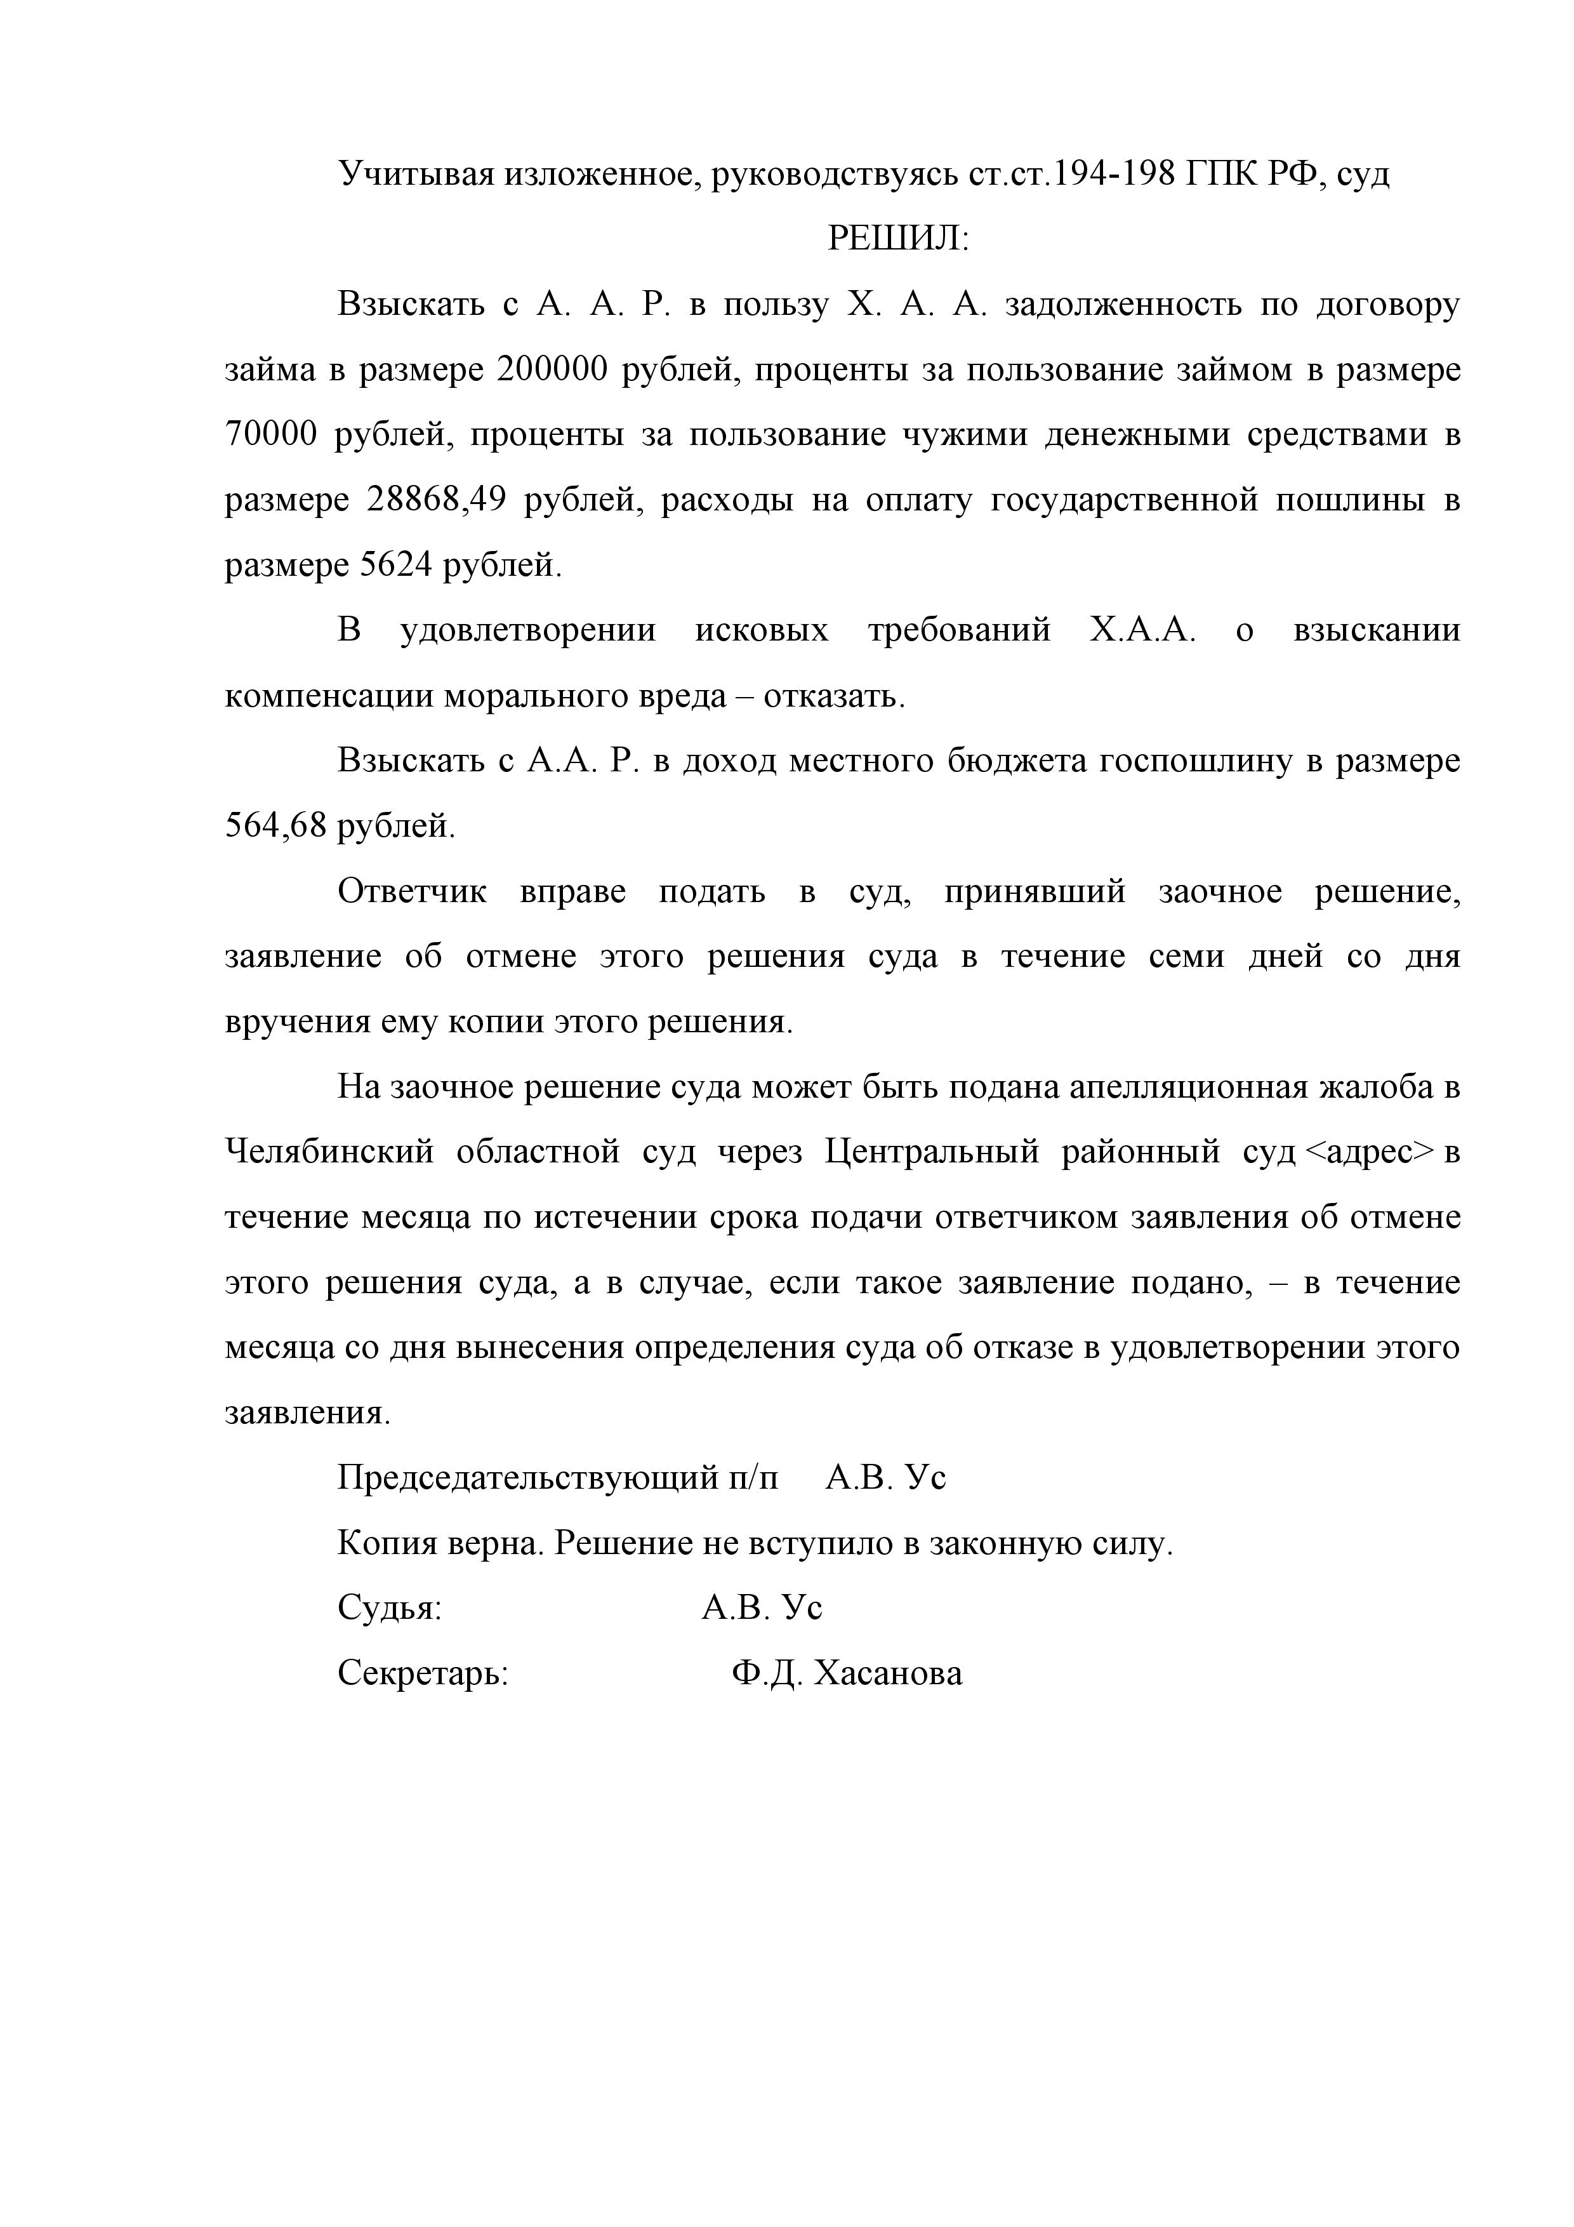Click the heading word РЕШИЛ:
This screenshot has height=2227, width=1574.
point(898,239)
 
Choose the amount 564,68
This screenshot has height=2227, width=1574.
point(275,827)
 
